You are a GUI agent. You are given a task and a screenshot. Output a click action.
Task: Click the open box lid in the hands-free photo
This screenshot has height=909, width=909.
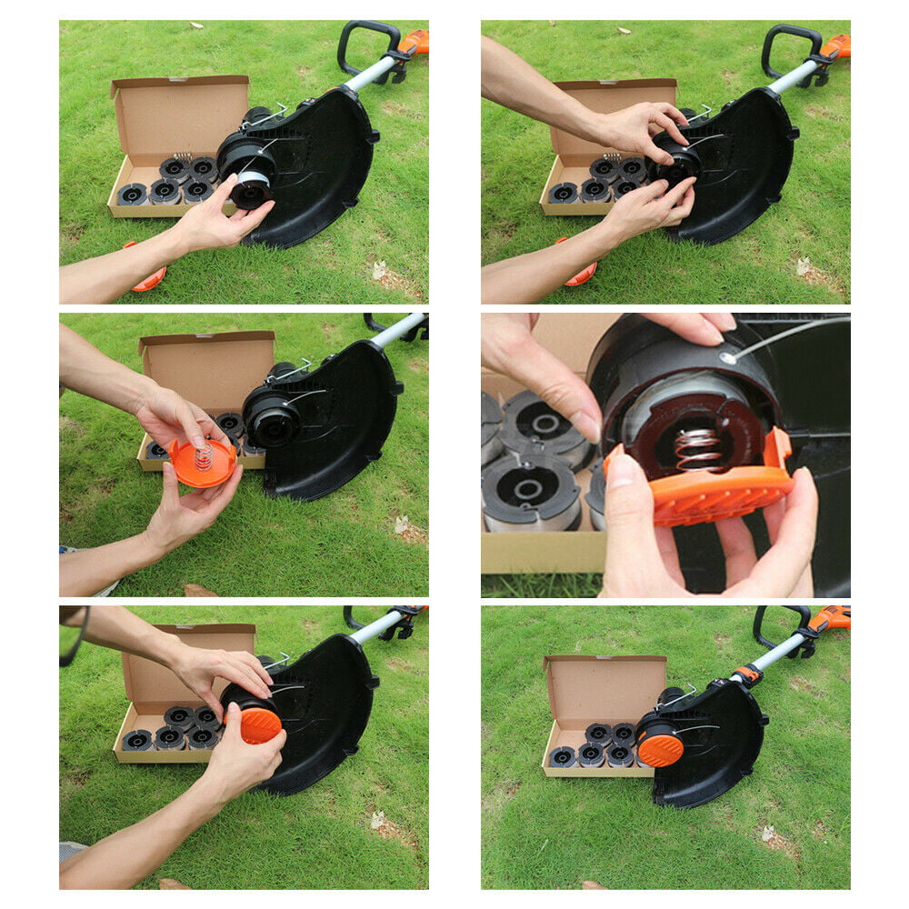pyautogui.click(x=605, y=686)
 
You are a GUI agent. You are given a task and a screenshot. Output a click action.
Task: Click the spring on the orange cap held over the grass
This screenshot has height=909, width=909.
pyautogui.click(x=204, y=454)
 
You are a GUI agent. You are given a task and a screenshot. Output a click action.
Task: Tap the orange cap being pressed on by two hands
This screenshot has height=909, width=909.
pyautogui.click(x=260, y=724)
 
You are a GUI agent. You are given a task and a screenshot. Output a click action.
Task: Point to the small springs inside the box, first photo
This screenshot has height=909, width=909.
pyautogui.click(x=183, y=157)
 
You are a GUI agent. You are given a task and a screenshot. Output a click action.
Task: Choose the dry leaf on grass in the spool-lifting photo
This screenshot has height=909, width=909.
pyautogui.click(x=378, y=270)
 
